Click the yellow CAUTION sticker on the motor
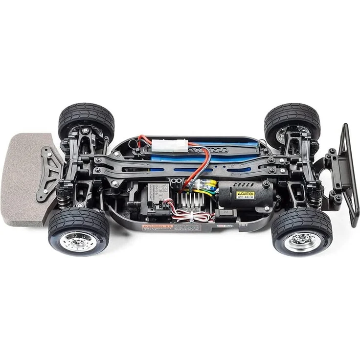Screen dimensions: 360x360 (x=246, y=195)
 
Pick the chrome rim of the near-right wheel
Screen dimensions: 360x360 (x=302, y=241)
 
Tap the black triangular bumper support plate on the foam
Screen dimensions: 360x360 (x=49, y=171)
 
